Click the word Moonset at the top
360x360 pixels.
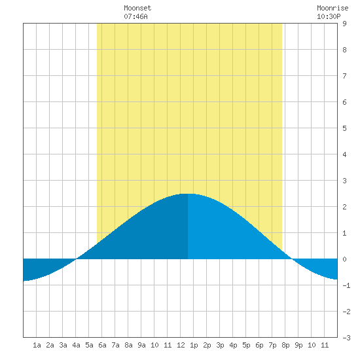tap(137, 8)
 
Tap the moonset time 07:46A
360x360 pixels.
tap(135, 16)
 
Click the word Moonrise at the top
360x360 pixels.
tap(333, 8)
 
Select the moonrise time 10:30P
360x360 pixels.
tap(329, 16)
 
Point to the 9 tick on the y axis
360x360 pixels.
tap(344, 24)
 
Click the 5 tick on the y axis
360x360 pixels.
tap(344, 128)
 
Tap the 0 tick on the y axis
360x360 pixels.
tap(344, 259)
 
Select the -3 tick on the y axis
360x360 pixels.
tap(346, 338)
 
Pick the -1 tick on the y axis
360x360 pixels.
tap(346, 285)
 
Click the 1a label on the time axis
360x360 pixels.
tap(37, 345)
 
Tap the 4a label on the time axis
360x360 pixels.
tap(76, 345)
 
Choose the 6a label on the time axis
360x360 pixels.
tap(102, 345)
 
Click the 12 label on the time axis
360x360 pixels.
tap(181, 345)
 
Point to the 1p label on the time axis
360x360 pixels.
tap(194, 345)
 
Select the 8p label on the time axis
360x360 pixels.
tap(285, 345)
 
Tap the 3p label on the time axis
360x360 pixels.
tap(220, 345)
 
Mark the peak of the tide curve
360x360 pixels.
tap(188, 194)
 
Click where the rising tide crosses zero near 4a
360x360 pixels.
tap(76, 259)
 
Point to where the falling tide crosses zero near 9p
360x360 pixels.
tap(292, 259)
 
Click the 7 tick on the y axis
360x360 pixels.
tap(344, 76)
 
